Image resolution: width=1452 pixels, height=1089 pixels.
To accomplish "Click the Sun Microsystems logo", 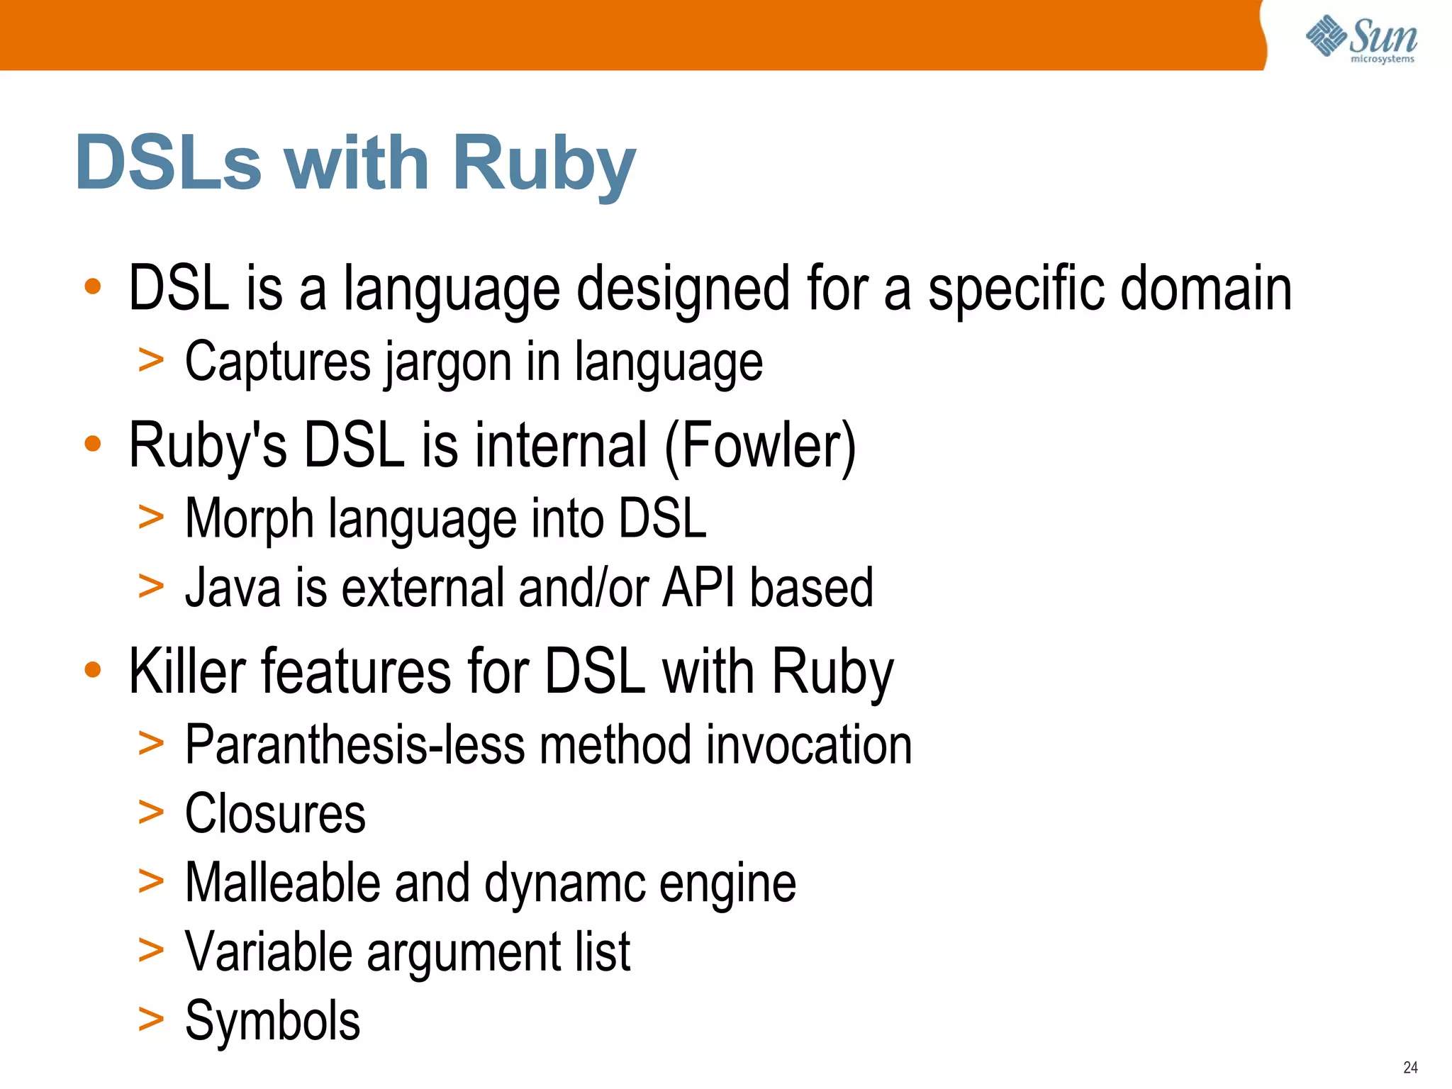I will (1361, 39).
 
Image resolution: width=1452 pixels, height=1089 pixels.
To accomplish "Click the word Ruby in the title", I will (544, 164).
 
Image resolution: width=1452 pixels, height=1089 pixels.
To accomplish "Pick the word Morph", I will (249, 519).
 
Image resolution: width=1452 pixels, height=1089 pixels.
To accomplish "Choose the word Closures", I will (275, 813).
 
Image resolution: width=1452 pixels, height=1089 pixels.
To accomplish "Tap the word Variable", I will (268, 951).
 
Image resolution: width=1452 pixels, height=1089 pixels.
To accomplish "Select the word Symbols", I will (272, 1020).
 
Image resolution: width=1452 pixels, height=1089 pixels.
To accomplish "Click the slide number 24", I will (1410, 1067).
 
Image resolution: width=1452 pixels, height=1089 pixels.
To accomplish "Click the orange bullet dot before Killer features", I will (93, 669).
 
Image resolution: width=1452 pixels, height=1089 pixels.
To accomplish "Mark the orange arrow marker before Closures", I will (151, 812).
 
